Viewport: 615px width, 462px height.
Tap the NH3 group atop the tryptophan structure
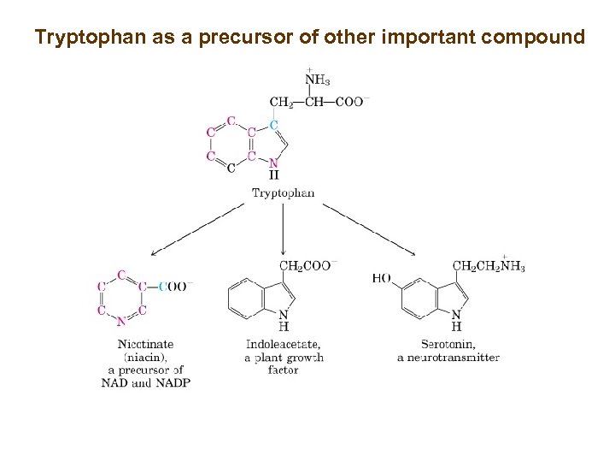(317, 81)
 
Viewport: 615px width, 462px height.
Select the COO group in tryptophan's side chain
(351, 103)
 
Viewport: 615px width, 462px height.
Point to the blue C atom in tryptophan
(273, 125)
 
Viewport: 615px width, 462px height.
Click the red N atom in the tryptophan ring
(273, 163)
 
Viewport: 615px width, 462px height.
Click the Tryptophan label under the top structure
(283, 193)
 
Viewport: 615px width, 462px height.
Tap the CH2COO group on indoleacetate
(307, 266)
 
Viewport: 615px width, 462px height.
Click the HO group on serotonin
(381, 279)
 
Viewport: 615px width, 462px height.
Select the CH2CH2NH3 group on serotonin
(489, 267)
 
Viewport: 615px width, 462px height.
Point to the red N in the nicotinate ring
(122, 322)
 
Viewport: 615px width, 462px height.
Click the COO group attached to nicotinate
(175, 287)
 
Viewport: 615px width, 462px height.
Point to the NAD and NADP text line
(145, 382)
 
